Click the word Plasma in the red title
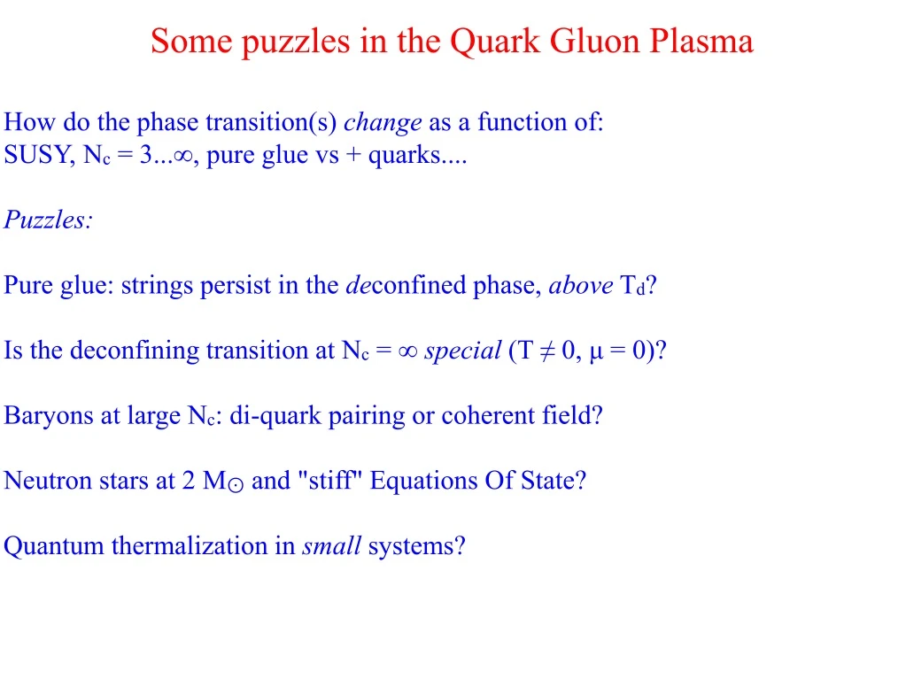(701, 41)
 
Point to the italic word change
(383, 123)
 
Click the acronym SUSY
(39, 155)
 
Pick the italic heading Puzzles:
(48, 220)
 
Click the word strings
(157, 286)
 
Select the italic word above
(581, 285)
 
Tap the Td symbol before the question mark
(632, 285)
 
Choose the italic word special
(463, 351)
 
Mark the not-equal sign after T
(546, 351)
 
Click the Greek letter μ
(596, 352)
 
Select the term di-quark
(275, 416)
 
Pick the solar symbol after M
(236, 486)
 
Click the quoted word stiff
(330, 481)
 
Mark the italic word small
(331, 546)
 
